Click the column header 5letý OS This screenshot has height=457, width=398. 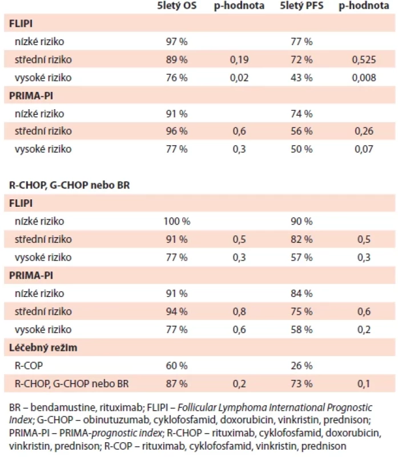[176, 6]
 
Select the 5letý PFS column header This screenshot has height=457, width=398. [301, 6]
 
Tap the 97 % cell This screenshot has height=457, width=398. [176, 41]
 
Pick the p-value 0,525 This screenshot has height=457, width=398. [364, 59]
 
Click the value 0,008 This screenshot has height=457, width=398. [364, 78]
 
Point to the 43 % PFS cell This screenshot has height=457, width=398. [301, 78]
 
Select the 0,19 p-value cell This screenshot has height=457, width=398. [239, 59]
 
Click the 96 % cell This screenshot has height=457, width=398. [176, 131]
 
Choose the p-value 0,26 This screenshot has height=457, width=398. [364, 131]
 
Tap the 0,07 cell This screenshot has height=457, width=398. [364, 149]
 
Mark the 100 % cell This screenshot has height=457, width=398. [176, 221]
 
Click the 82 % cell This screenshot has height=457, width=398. [301, 239]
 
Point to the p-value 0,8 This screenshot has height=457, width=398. [239, 311]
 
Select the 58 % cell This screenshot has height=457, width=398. [301, 330]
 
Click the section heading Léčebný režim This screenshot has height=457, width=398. [43, 347]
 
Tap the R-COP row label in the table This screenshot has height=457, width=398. [29, 366]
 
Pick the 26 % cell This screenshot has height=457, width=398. [301, 366]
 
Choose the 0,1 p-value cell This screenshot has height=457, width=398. [364, 383]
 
